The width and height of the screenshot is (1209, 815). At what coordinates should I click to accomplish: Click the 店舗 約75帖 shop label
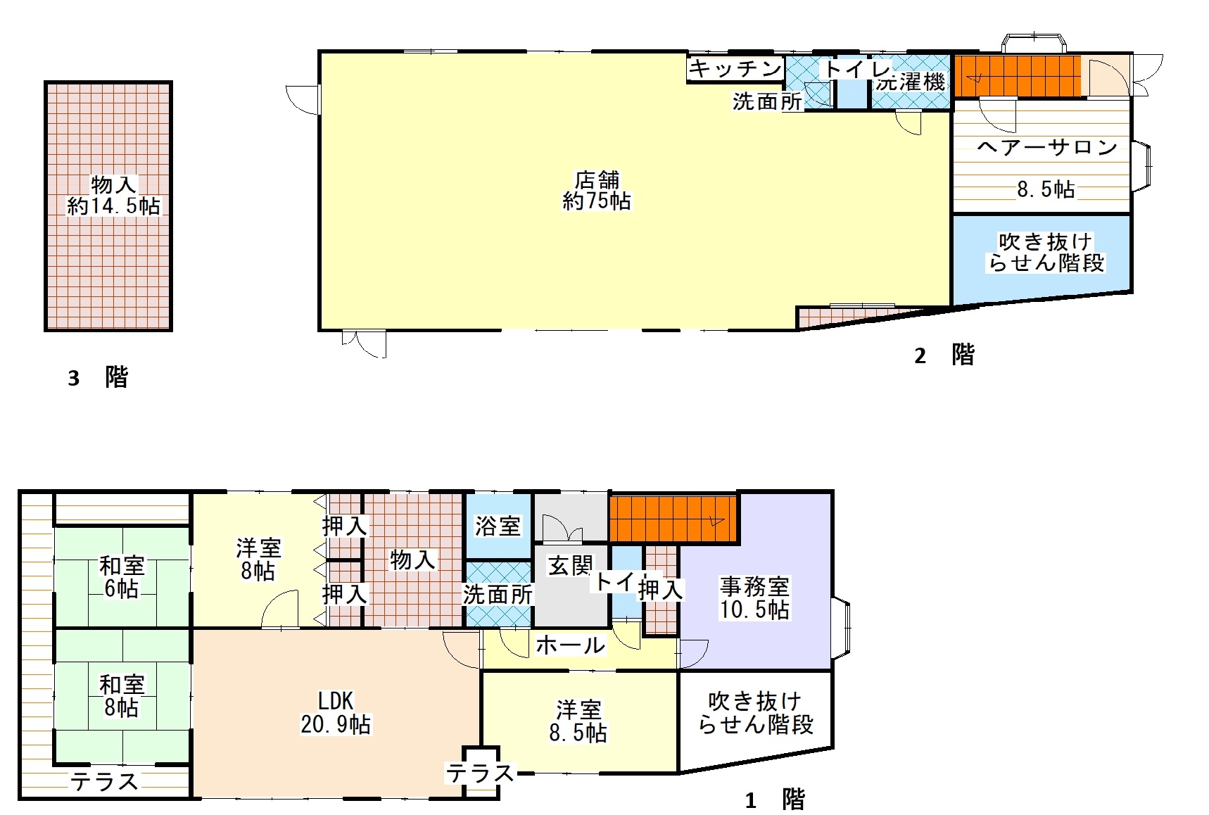pyautogui.click(x=597, y=191)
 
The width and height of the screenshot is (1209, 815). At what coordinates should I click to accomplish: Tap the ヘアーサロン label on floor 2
pyautogui.click(x=1047, y=147)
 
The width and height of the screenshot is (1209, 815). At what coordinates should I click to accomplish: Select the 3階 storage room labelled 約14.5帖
pyautogui.click(x=108, y=206)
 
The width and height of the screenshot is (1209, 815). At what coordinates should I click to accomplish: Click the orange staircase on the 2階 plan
pyautogui.click(x=1017, y=77)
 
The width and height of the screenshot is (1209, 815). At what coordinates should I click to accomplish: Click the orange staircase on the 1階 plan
pyautogui.click(x=673, y=519)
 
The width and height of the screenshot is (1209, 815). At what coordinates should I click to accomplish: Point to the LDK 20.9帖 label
pyautogui.click(x=336, y=712)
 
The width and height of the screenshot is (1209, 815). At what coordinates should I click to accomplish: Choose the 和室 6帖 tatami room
pyautogui.click(x=122, y=576)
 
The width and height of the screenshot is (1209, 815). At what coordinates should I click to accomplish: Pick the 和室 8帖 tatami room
pyautogui.click(x=122, y=696)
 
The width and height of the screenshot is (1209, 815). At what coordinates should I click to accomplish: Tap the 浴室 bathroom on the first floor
pyautogui.click(x=498, y=526)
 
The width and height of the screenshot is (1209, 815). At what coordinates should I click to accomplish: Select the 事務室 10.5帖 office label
pyautogui.click(x=754, y=598)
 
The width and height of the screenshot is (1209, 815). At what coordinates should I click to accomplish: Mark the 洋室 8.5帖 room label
pyautogui.click(x=578, y=721)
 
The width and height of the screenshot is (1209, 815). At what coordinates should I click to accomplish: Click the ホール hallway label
pyautogui.click(x=570, y=645)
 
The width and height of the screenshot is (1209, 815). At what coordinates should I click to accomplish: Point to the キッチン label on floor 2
pyautogui.click(x=735, y=68)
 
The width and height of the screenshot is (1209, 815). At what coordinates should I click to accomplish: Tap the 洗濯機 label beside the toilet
pyautogui.click(x=911, y=81)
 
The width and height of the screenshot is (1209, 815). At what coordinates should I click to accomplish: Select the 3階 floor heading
pyautogui.click(x=98, y=377)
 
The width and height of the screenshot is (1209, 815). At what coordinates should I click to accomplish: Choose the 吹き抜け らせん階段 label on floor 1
pyautogui.click(x=755, y=712)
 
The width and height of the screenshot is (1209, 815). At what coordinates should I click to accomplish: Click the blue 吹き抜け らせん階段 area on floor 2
pyautogui.click(x=1042, y=259)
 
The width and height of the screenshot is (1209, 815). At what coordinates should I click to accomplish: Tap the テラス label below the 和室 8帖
pyautogui.click(x=104, y=781)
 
